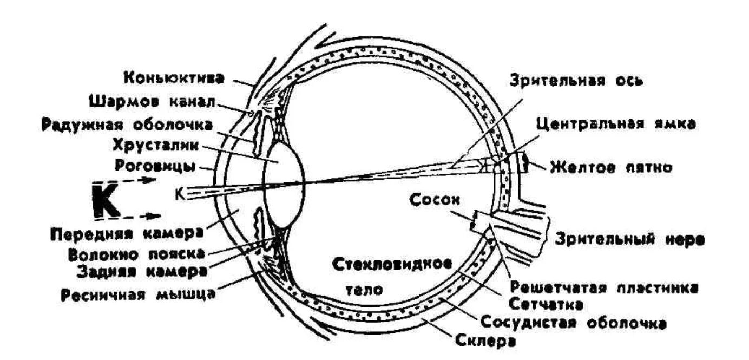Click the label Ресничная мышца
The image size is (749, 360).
138,295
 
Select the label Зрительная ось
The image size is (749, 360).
576,81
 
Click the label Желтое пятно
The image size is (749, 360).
611,167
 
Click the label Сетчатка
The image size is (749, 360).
546,304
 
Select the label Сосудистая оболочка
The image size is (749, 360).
573,323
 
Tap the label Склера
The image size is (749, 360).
484,342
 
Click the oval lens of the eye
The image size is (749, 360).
284,185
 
